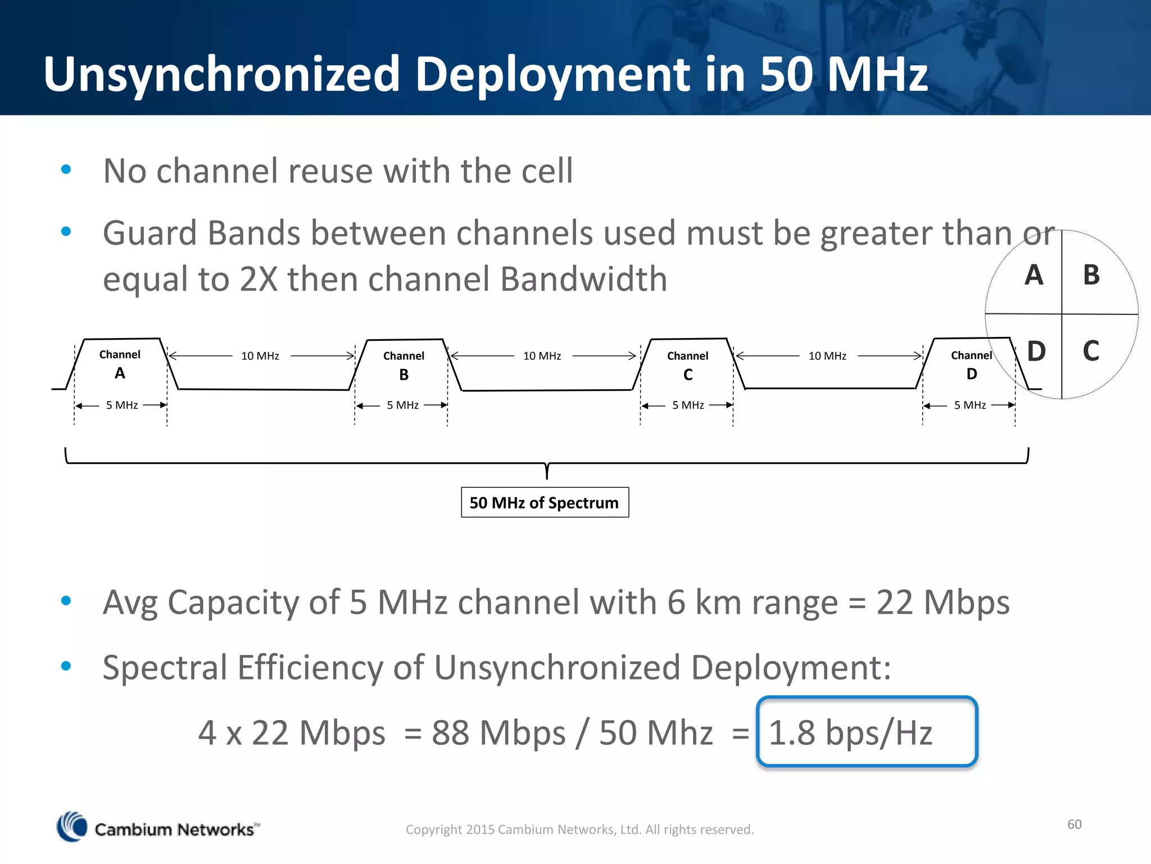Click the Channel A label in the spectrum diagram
pos(120,363)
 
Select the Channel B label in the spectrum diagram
pos(404,365)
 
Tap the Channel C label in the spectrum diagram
pos(687,365)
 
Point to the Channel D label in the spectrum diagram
pos(971,364)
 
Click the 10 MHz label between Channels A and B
pos(260,356)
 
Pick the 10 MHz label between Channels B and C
pos(542,356)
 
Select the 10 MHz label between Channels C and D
pos(827,356)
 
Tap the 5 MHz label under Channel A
pos(122,405)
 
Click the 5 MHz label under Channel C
pos(688,405)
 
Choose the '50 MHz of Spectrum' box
pos(545,502)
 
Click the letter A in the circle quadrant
pos(1034,275)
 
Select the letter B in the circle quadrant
pos(1091,275)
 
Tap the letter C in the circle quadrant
pos(1091,351)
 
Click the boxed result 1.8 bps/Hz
pos(867,732)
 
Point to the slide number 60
pos(1074,824)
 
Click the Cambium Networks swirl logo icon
pos(72,827)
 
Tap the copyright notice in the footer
pos(579,830)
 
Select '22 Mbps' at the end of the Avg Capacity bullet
pos(942,602)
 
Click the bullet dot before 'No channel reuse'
pos(66,169)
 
